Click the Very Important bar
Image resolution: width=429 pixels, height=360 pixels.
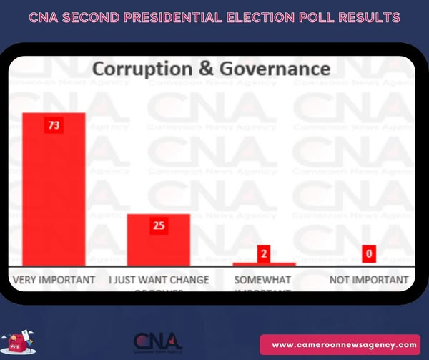(54, 190)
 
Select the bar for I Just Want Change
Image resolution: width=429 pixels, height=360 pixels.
(159, 240)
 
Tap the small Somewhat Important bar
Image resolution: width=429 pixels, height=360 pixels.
(264, 264)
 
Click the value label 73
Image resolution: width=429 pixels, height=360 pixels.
(54, 125)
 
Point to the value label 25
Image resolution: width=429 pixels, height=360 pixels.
(159, 225)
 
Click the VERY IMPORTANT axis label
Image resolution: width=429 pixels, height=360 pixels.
(54, 279)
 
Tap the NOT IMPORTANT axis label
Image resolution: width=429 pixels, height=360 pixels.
(370, 279)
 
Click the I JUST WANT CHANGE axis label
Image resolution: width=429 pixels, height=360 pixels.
(159, 279)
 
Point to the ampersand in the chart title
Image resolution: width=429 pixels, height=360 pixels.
(214, 69)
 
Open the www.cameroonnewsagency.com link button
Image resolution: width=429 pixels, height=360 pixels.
(344, 344)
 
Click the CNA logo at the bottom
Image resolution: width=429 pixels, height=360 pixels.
(158, 341)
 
